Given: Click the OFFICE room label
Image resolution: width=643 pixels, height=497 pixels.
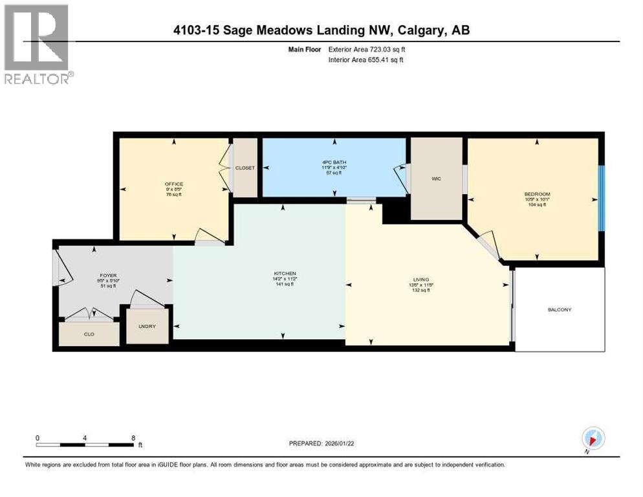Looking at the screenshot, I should [174, 184].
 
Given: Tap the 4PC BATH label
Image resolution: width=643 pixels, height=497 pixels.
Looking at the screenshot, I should [334, 162].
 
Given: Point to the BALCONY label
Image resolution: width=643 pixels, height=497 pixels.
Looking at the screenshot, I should [560, 310].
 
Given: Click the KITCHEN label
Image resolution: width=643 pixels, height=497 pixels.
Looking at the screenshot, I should [284, 273].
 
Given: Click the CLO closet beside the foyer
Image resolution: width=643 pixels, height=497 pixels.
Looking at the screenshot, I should [89, 335].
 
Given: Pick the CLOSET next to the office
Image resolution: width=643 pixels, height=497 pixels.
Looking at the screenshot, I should [245, 168].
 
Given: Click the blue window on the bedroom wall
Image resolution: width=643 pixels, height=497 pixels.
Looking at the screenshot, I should [601, 197].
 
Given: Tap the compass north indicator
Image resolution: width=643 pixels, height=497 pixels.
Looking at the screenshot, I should [593, 438].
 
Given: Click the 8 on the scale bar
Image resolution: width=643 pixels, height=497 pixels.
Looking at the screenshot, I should [133, 437].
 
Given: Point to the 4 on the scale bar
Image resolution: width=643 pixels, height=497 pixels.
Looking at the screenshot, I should [85, 437].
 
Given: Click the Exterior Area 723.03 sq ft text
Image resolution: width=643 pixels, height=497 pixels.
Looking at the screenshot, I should [367, 49].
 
